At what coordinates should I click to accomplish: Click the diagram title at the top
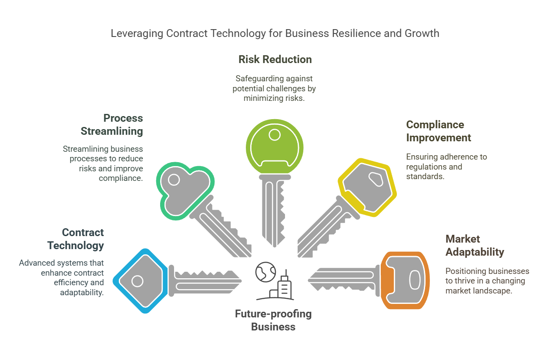click(x=275, y=33)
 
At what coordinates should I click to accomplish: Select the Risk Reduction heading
click(x=275, y=60)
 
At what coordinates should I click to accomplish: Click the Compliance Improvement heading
click(x=438, y=131)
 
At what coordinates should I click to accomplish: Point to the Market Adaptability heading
click(x=475, y=245)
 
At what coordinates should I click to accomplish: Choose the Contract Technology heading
click(x=76, y=239)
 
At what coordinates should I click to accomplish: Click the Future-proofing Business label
click(x=273, y=320)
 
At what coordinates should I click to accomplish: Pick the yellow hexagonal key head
click(x=368, y=187)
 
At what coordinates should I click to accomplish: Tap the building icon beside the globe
click(x=283, y=287)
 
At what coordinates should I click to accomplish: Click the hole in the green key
click(x=275, y=135)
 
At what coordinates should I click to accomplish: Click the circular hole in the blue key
click(x=137, y=281)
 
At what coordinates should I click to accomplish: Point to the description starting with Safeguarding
click(x=274, y=88)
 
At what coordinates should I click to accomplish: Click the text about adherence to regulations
click(x=446, y=167)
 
